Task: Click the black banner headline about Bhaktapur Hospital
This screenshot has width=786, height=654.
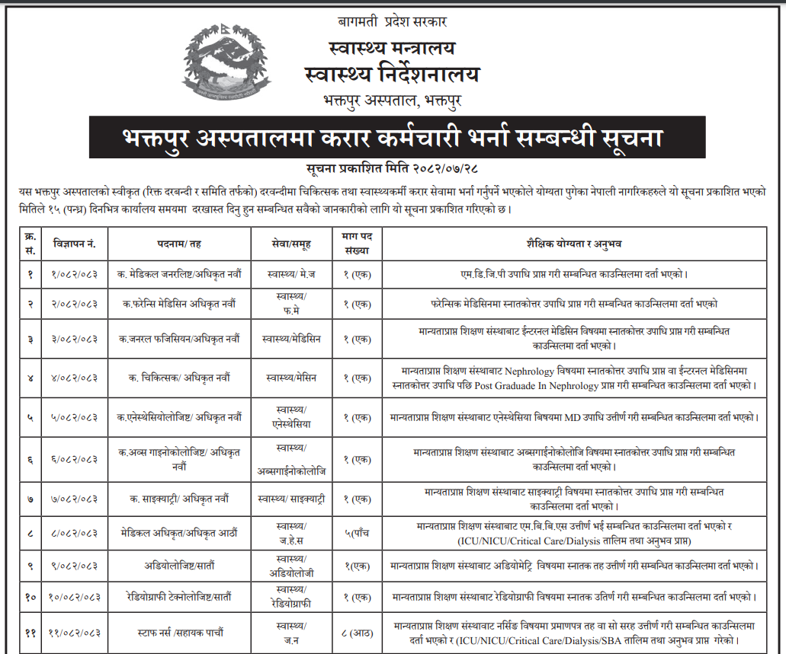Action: coord(393,140)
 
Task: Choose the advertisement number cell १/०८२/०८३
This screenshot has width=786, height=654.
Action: coord(75,273)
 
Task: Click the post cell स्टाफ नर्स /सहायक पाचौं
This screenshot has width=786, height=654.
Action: coord(180,632)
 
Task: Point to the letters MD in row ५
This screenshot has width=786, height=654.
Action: coord(593,417)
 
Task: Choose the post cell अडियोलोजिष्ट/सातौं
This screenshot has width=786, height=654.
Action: coord(180,566)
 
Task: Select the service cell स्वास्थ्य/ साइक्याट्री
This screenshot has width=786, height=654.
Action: coord(291,499)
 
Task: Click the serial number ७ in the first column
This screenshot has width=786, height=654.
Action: coord(30,499)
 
